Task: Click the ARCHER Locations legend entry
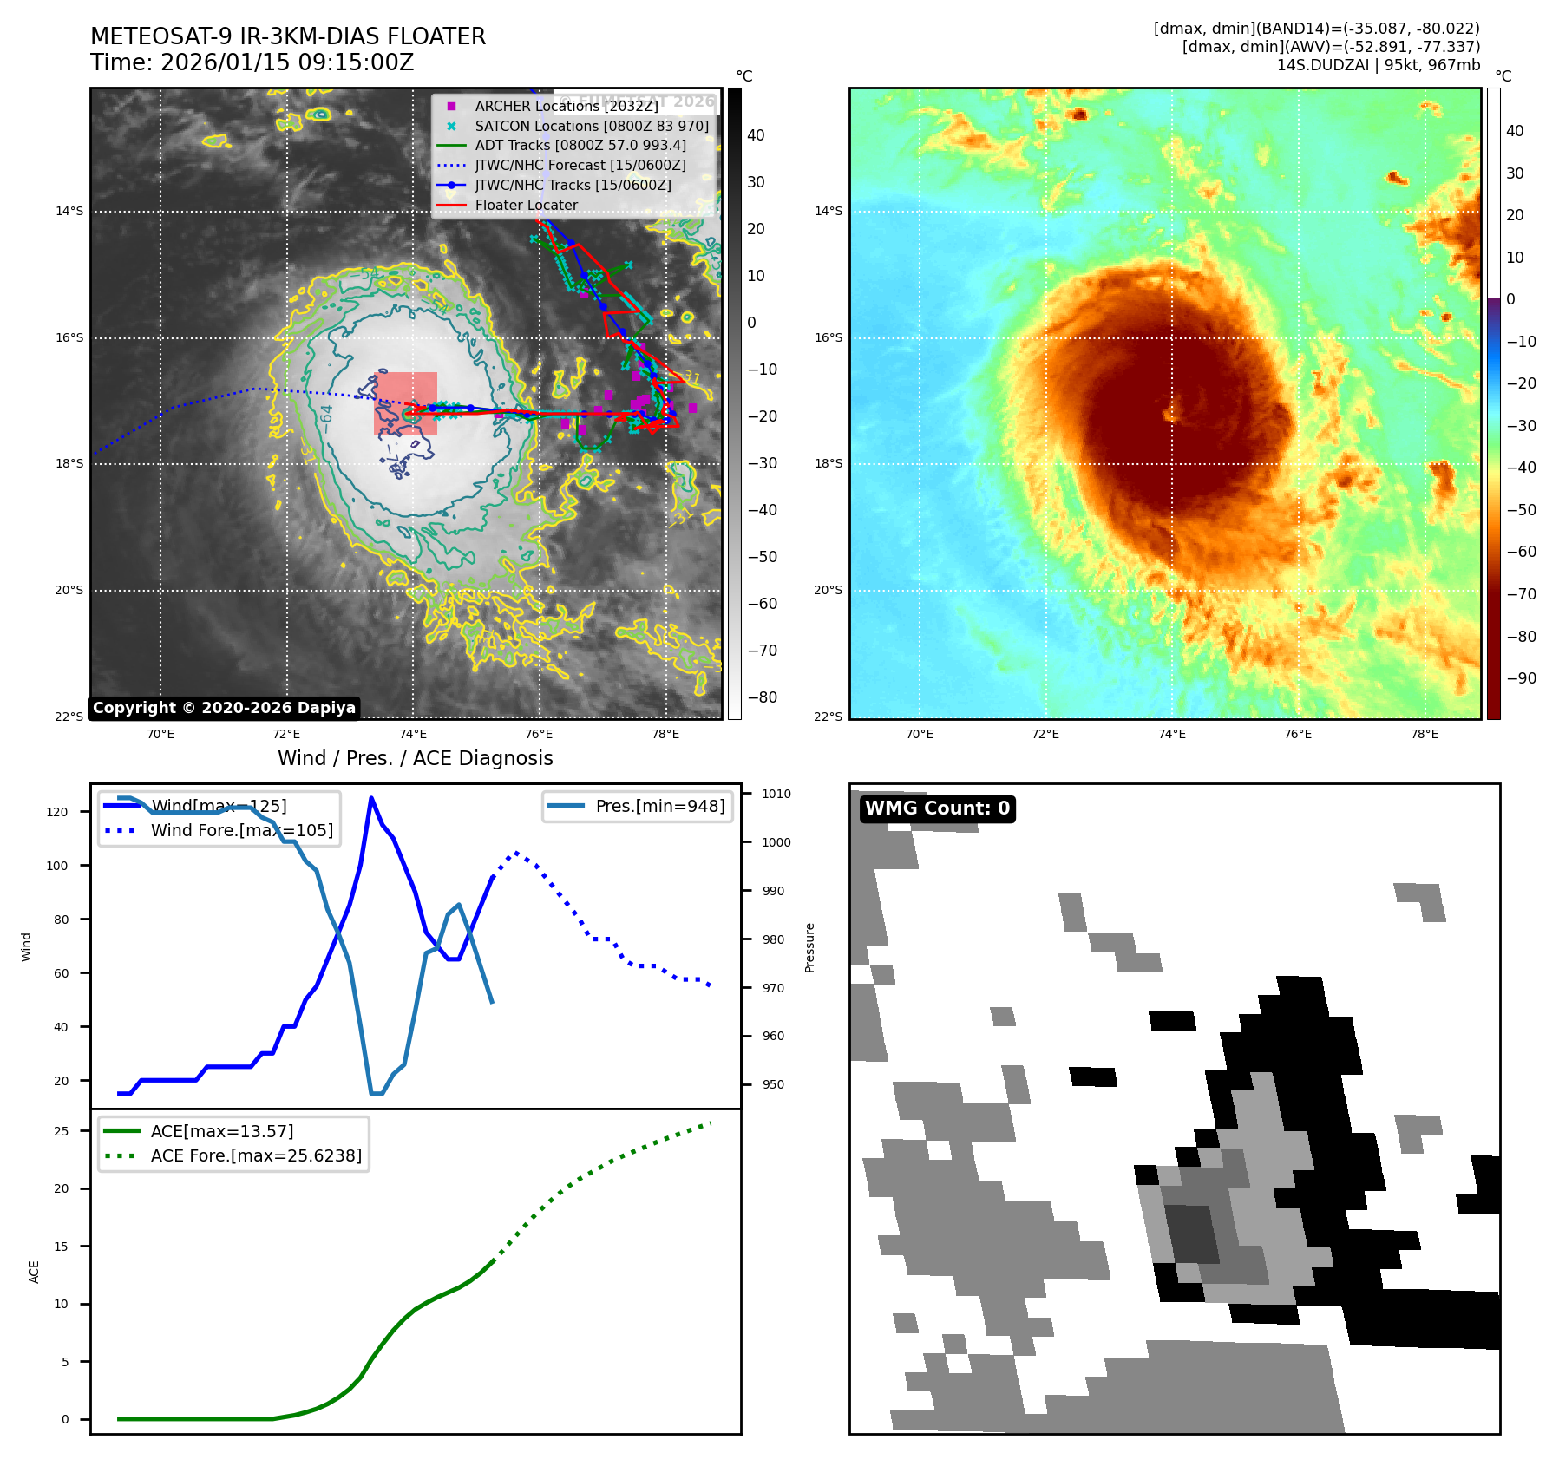click(x=566, y=106)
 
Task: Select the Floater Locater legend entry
click(x=526, y=206)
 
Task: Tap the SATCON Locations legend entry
click(x=591, y=126)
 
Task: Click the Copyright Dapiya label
click(x=224, y=708)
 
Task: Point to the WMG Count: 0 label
click(x=937, y=808)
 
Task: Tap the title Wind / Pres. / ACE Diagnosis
click(x=415, y=758)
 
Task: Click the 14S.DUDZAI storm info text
click(x=1378, y=65)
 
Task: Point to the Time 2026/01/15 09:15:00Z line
click(x=252, y=63)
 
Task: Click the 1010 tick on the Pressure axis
click(x=776, y=794)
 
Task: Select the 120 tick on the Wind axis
click(x=57, y=812)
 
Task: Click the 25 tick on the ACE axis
click(x=62, y=1131)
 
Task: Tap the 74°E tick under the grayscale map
click(x=413, y=734)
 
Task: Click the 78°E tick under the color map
click(x=1424, y=734)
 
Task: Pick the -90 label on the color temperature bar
click(x=1521, y=678)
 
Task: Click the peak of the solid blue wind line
click(x=371, y=798)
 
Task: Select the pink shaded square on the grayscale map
click(x=405, y=403)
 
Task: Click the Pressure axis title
click(x=809, y=947)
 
